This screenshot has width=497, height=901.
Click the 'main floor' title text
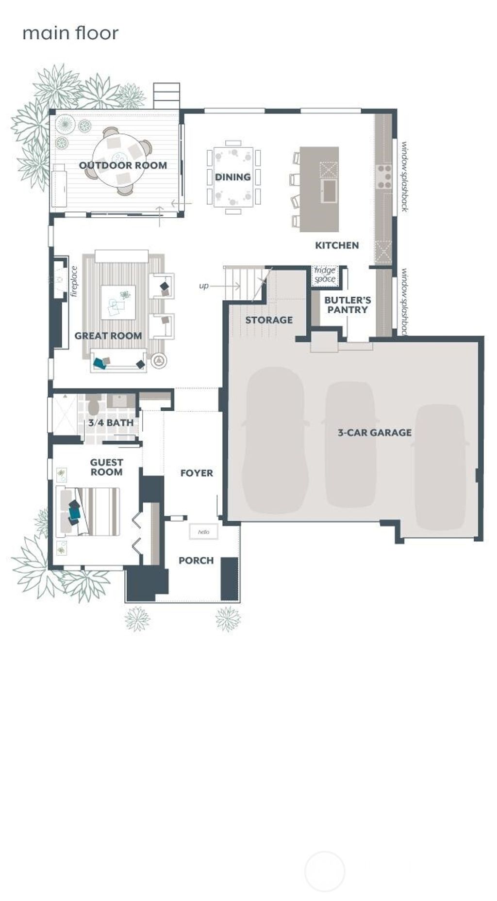[70, 33]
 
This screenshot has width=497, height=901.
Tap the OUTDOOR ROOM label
[123, 165]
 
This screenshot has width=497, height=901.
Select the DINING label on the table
[233, 177]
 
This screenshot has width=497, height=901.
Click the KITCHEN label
[337, 245]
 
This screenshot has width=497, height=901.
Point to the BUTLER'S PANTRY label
[348, 305]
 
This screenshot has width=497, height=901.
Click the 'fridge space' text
[325, 274]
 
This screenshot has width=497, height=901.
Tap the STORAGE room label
[269, 320]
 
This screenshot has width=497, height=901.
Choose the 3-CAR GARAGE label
[375, 433]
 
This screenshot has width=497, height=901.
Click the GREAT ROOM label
[108, 336]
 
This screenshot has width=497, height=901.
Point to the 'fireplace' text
[74, 281]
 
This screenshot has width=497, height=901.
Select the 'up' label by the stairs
[204, 286]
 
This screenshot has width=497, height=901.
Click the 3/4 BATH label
[111, 423]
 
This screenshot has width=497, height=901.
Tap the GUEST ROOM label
[106, 467]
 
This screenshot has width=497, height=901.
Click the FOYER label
[197, 473]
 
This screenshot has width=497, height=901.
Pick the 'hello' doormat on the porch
[203, 532]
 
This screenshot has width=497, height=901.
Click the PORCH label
[196, 561]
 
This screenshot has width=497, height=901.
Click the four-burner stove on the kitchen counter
[385, 177]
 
